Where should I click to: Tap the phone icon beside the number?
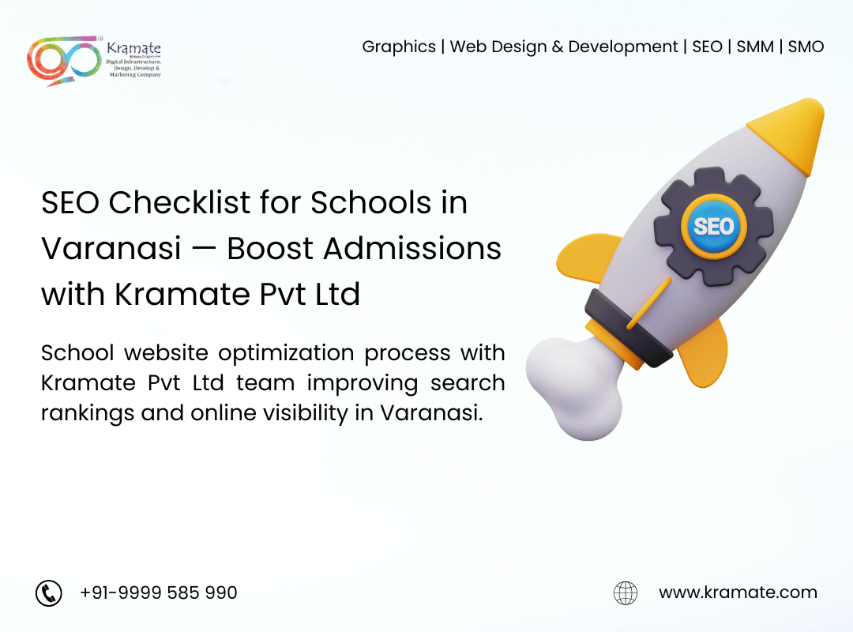pos(49,592)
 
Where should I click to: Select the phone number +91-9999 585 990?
pos(158,592)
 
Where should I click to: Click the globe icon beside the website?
pos(626,592)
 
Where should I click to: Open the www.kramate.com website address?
pos(738,592)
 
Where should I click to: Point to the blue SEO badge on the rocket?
pos(714,227)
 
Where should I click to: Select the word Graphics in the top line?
pos(399,47)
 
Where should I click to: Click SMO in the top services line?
pos(806,47)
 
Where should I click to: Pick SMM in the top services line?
pos(755,47)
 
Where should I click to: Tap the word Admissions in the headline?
pos(411,249)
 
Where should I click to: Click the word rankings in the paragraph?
pos(88,414)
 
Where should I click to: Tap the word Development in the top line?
pos(623,47)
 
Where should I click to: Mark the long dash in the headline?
pos(204,250)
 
